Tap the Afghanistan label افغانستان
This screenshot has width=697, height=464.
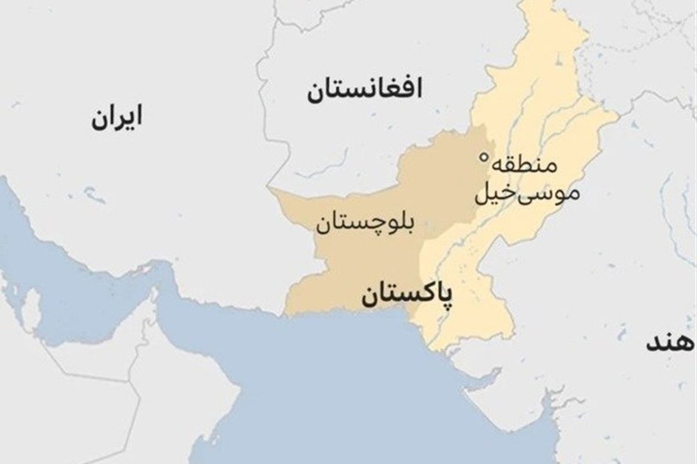pyautogui.click(x=365, y=90)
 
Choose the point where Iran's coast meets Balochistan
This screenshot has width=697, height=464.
pyautogui.click(x=285, y=314)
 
